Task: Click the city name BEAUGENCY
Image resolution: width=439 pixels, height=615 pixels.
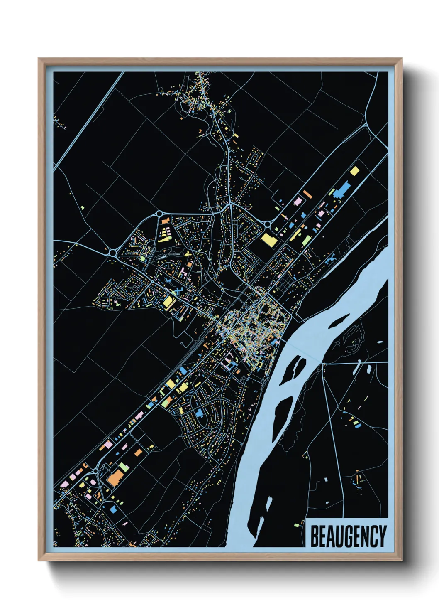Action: coord(348,536)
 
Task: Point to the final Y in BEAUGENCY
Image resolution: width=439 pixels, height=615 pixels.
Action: coord(382,536)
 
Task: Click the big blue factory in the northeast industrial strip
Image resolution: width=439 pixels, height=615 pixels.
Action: coord(342,189)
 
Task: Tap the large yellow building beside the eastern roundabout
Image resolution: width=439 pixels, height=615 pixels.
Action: coord(268,240)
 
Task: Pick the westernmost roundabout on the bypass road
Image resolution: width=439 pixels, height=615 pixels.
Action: coord(112,252)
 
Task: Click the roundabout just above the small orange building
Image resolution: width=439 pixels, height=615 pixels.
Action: coord(159,214)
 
